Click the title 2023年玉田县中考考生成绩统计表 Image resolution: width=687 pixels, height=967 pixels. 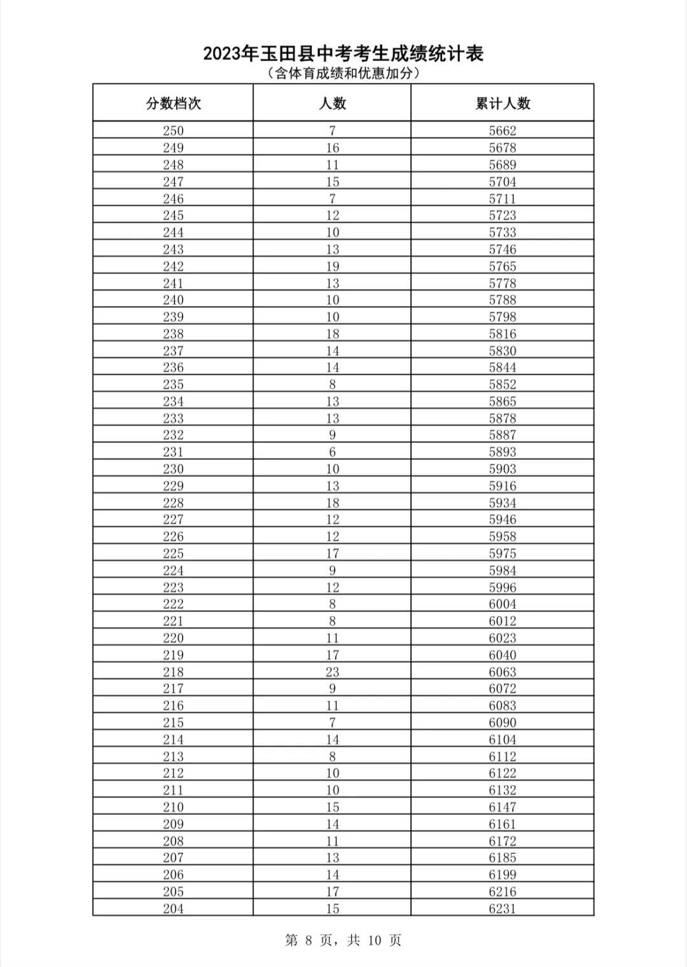point(343,53)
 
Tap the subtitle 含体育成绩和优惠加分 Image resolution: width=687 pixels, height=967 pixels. point(343,74)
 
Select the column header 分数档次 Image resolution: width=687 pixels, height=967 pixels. point(173,103)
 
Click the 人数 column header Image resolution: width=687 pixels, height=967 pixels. point(332,103)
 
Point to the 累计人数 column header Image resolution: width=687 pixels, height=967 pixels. point(503,103)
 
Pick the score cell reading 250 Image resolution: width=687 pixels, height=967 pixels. point(173,131)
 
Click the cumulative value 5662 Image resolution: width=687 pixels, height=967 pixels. point(503,131)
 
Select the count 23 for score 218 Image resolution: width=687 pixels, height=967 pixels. point(332,672)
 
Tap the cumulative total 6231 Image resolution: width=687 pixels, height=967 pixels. point(503,908)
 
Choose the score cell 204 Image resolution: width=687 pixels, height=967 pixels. point(173,908)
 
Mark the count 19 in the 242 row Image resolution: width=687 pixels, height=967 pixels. point(332,266)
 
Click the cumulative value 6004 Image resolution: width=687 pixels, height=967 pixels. point(503,604)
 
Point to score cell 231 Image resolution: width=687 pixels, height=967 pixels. point(173,452)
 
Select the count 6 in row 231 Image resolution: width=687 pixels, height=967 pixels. point(332,452)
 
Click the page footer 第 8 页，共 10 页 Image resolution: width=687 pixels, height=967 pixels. point(343,940)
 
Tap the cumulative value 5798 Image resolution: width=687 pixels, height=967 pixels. point(503,317)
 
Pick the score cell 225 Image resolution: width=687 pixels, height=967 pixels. point(173,553)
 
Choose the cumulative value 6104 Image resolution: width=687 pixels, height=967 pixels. point(503,739)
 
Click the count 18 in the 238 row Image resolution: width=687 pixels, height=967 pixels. point(332,334)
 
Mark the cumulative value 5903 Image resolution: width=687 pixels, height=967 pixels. point(503,469)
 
